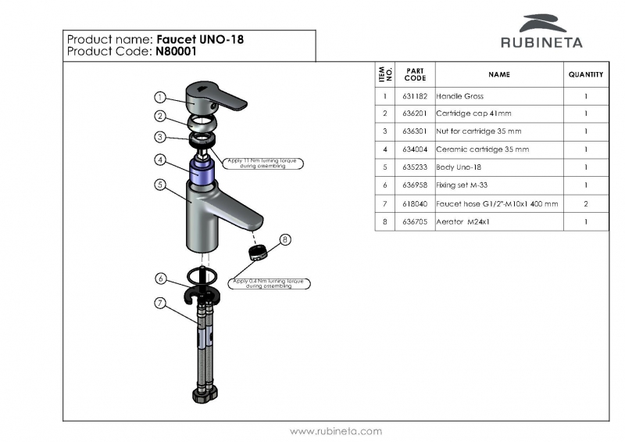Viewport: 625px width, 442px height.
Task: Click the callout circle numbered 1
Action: coord(159,98)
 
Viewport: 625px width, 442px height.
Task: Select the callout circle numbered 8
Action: coord(285,239)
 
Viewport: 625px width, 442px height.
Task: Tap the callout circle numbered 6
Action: coord(160,278)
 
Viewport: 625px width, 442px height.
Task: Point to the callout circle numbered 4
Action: coord(159,160)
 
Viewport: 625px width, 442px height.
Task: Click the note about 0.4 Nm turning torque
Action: coord(268,284)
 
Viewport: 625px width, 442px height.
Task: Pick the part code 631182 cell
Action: coord(415,96)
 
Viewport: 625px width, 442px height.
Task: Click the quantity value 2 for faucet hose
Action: coord(586,203)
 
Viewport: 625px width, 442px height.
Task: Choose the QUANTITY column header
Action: coord(586,75)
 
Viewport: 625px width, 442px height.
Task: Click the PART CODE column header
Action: coord(415,75)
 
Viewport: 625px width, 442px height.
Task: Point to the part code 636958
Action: coord(415,185)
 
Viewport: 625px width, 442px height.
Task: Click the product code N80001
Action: coord(177,52)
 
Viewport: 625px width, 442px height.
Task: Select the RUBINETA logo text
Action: coord(541,42)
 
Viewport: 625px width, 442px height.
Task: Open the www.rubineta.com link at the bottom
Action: coord(336,431)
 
